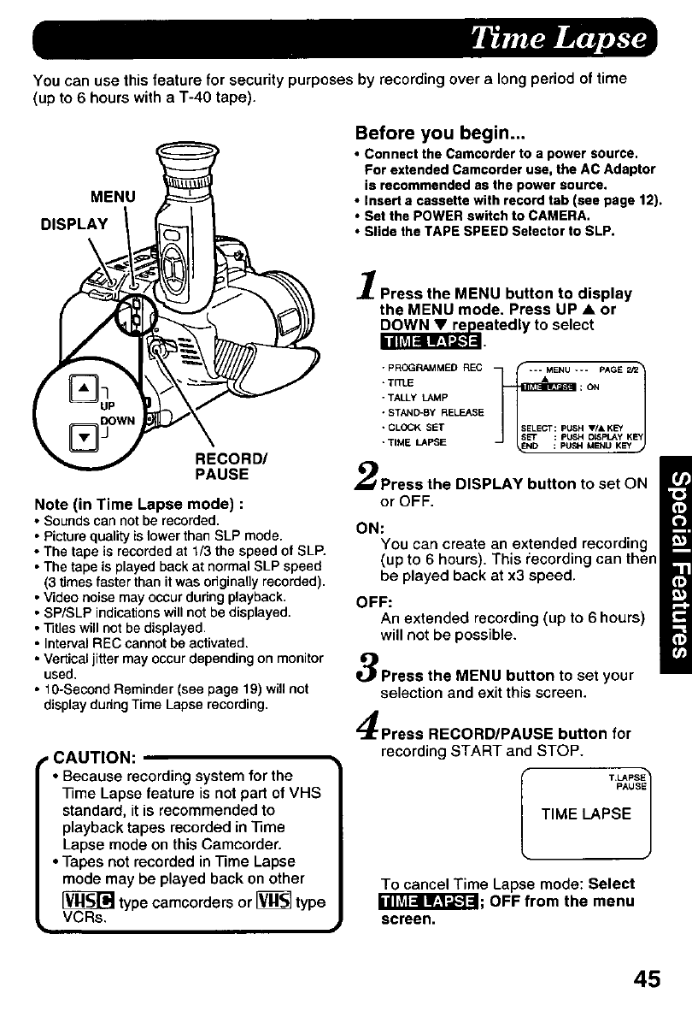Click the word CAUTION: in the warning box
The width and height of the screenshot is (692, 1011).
pyautogui.click(x=91, y=759)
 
